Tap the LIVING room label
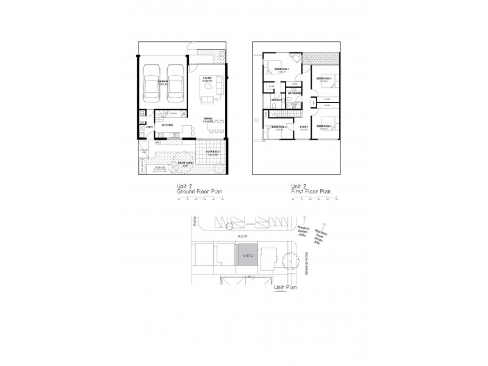(208, 77)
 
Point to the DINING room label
(208, 118)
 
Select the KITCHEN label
(168, 124)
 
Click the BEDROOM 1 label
(281, 70)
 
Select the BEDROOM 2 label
(324, 78)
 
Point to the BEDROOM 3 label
(324, 126)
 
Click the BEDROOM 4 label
(279, 127)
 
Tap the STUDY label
(304, 127)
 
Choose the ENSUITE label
(276, 99)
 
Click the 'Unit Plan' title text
(285, 287)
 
